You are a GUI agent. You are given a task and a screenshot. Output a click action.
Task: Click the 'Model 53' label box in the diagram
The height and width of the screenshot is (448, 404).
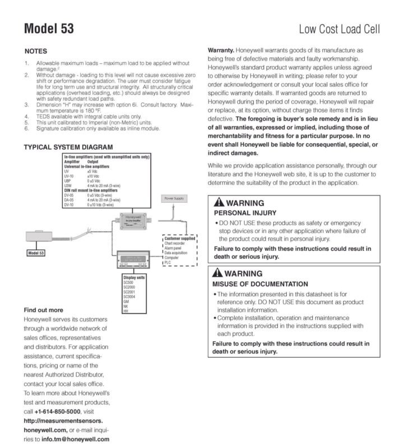click(36, 253)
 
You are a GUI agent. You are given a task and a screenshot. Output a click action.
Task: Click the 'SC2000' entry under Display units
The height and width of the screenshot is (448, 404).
click(129, 287)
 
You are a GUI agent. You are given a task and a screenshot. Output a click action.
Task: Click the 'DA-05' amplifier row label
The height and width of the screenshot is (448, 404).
click(69, 200)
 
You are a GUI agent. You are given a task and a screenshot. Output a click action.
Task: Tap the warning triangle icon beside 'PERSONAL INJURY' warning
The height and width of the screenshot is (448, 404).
click(220, 203)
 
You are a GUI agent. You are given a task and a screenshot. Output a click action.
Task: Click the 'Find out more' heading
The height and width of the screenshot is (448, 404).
click(43, 310)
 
